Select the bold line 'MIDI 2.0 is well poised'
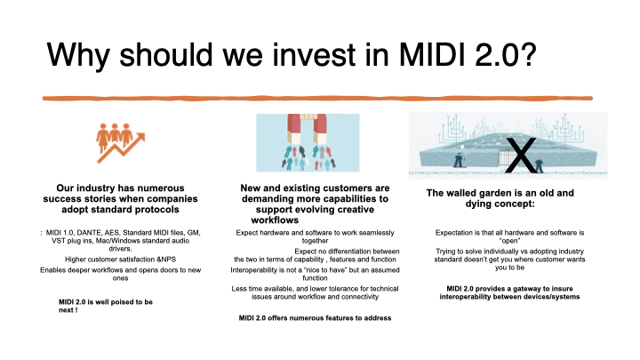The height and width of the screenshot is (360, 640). pyautogui.click(x=105, y=302)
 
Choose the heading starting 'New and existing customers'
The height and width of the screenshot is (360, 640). pyautogui.click(x=316, y=188)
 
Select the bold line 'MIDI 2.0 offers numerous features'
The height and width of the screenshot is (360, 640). pyautogui.click(x=316, y=317)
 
